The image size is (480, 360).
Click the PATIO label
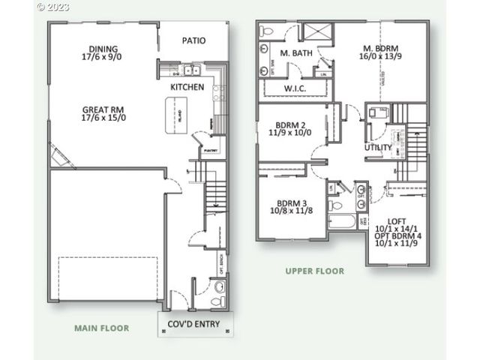pyautogui.click(x=193, y=41)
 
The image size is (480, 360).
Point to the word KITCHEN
pyautogui.click(x=187, y=87)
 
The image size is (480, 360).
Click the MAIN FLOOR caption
pyautogui.click(x=101, y=328)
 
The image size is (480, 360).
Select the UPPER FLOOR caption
pyautogui.click(x=315, y=271)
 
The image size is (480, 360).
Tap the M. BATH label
pyautogui.click(x=295, y=54)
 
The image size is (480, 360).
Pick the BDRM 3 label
pyautogui.click(x=292, y=203)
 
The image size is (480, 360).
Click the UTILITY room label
pyautogui.click(x=377, y=148)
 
